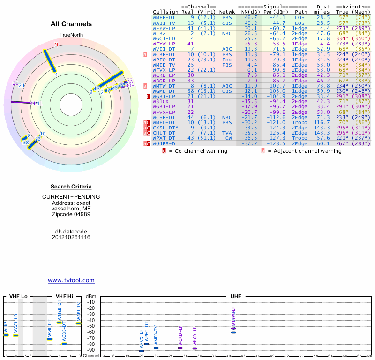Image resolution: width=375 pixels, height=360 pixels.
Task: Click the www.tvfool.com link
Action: (71, 280)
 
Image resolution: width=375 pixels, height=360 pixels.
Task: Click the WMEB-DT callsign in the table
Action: (164, 17)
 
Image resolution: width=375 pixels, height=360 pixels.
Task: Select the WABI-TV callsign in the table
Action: (164, 23)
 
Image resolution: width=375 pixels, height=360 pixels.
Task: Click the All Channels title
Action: (71, 24)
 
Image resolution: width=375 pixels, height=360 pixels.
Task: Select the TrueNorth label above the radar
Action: (71, 36)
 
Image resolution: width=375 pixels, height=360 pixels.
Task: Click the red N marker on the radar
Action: (56, 45)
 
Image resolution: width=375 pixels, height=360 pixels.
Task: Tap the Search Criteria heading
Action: (71, 187)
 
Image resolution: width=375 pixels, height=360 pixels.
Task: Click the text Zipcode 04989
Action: (71, 214)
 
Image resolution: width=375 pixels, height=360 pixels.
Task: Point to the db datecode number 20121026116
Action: (71, 237)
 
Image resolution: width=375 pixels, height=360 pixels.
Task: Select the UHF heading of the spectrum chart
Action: (235, 297)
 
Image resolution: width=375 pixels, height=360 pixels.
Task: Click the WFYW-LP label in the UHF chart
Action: (233, 315)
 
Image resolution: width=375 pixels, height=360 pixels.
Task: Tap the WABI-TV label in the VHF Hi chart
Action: (79, 311)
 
